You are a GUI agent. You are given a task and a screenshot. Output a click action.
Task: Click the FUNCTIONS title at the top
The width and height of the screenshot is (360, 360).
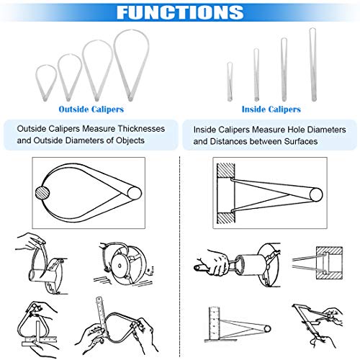click(x=180, y=12)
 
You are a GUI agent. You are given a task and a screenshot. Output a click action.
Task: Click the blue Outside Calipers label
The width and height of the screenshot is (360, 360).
click(x=91, y=109)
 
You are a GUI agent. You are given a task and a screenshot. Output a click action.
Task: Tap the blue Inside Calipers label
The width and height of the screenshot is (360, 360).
click(x=271, y=109)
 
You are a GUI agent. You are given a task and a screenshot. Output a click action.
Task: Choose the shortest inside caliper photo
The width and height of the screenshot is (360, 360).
click(x=230, y=81)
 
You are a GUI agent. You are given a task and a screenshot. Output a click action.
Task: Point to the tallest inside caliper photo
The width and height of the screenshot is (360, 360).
click(x=312, y=65)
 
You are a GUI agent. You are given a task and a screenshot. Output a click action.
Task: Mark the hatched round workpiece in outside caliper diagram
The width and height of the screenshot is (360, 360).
click(x=42, y=193)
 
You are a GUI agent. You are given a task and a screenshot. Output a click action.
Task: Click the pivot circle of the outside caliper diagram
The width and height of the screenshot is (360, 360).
click(x=135, y=193)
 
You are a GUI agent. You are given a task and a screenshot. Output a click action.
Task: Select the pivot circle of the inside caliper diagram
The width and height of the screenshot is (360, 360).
click(x=316, y=194)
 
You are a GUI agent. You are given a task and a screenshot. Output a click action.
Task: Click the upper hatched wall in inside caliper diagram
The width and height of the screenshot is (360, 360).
click(x=226, y=171)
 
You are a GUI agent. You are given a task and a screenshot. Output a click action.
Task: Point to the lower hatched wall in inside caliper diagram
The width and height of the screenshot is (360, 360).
click(x=226, y=218)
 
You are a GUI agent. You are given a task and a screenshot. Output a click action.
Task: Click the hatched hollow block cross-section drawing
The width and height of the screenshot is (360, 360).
click(x=329, y=263)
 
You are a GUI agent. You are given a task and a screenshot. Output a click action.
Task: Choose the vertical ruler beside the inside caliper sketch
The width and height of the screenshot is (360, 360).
click(x=214, y=323)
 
